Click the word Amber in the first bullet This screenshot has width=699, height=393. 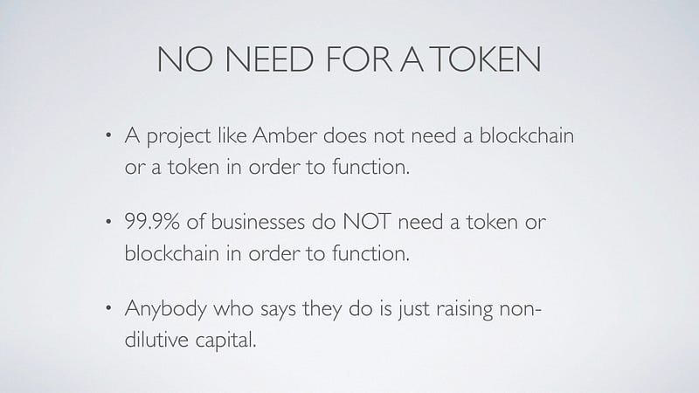point(285,135)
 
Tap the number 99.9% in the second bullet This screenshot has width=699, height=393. point(152,222)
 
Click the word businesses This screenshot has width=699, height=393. point(258,222)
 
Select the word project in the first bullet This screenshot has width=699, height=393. point(178,136)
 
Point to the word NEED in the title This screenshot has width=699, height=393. point(269,59)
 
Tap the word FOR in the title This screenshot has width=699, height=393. point(359,59)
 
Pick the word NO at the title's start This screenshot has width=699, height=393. point(184,59)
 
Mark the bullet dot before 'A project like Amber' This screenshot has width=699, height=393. point(108,135)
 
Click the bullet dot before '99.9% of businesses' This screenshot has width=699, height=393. point(108,222)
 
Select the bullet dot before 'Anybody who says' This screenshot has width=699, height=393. point(108,308)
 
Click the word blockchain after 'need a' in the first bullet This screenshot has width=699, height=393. point(527,135)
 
